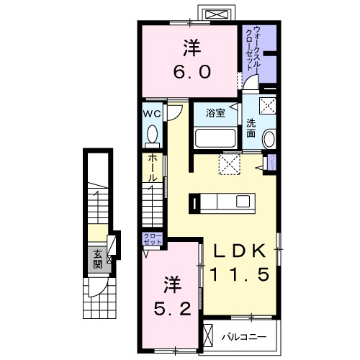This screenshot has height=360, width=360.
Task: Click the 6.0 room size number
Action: (x=191, y=73)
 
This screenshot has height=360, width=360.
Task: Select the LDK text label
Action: (x=238, y=251)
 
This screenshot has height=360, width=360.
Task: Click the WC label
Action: (x=151, y=114)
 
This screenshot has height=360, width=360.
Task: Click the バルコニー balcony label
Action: (x=244, y=336)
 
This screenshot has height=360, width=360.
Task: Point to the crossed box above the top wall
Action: (x=214, y=14)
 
